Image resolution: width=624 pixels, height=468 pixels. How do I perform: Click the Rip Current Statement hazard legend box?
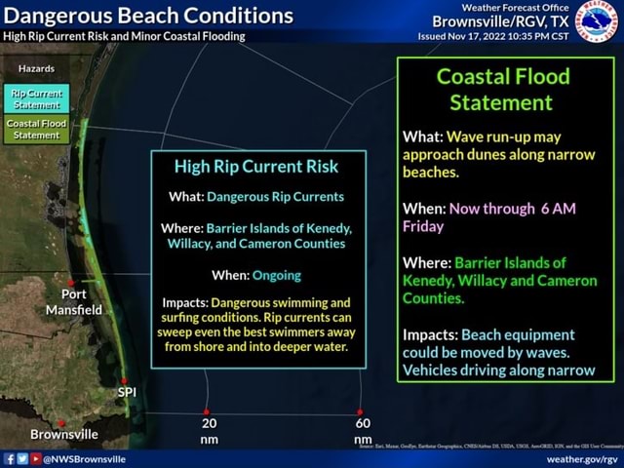(37, 97)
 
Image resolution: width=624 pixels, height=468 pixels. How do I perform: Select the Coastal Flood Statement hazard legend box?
(37, 130)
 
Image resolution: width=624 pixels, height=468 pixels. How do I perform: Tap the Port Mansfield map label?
(73, 301)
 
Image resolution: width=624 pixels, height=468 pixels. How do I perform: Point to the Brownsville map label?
(64, 434)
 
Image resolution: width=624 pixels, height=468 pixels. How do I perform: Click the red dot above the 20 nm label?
(207, 411)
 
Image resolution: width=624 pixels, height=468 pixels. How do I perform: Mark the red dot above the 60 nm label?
(360, 411)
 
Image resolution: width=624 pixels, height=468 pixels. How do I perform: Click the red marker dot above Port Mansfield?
(71, 283)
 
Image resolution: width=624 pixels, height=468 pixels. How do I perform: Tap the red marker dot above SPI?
(123, 379)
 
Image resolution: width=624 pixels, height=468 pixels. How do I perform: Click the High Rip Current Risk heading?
(257, 167)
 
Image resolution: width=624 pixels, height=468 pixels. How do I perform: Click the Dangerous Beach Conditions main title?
(148, 17)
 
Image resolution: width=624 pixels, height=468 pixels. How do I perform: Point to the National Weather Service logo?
(597, 19)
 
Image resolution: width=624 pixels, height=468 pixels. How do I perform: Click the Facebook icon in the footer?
(9, 457)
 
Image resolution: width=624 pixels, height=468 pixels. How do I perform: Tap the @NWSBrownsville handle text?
(84, 457)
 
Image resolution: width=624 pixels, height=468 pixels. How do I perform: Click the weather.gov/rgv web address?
(582, 457)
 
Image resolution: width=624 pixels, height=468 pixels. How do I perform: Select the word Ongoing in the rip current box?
(277, 275)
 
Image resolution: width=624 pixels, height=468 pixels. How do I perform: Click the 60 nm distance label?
(363, 431)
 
